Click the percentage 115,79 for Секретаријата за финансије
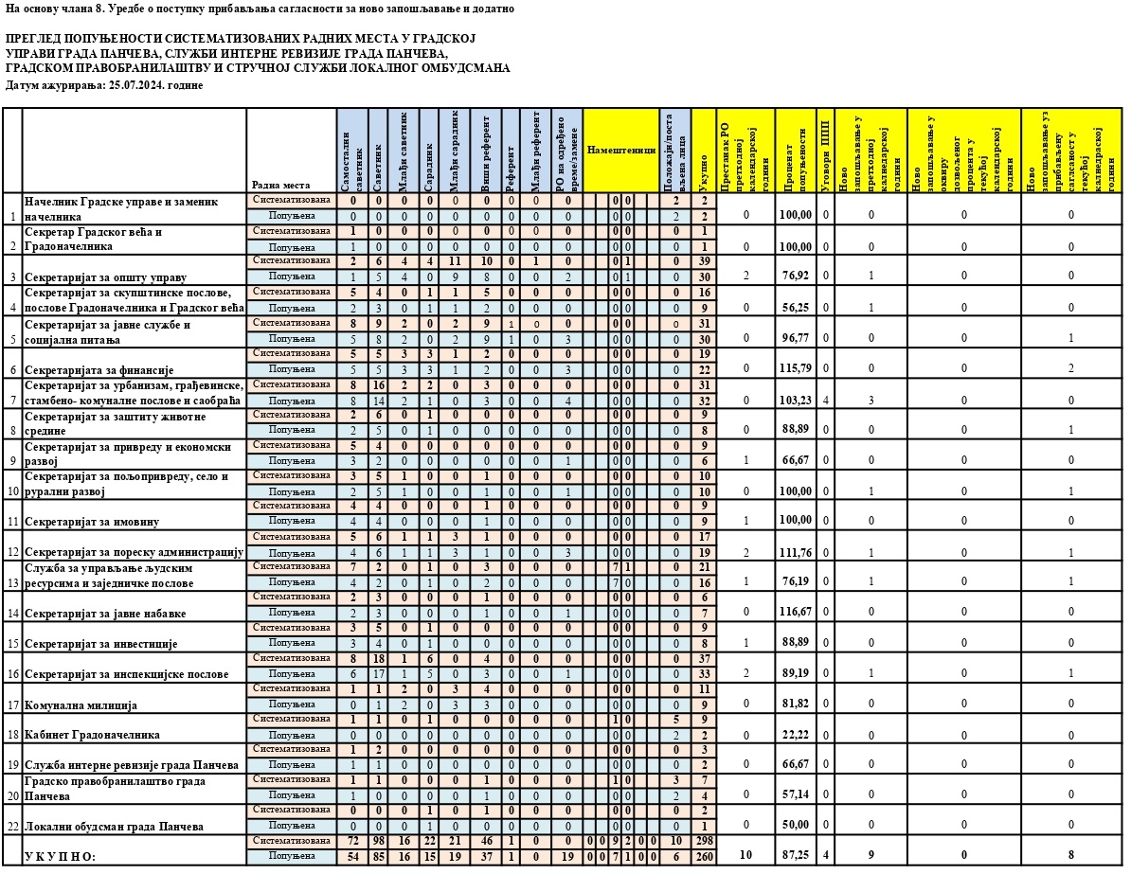(795, 368)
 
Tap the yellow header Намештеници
(620, 151)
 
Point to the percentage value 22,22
(795, 735)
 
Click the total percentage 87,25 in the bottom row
(795, 854)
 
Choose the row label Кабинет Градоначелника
(92, 735)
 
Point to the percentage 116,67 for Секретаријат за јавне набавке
(795, 613)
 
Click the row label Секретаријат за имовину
(92, 522)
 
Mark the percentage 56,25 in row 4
(795, 307)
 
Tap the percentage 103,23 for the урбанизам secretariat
(795, 399)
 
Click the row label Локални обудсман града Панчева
(115, 827)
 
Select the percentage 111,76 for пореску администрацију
(795, 552)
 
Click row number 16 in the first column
(11, 675)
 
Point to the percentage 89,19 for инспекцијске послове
(795, 674)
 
